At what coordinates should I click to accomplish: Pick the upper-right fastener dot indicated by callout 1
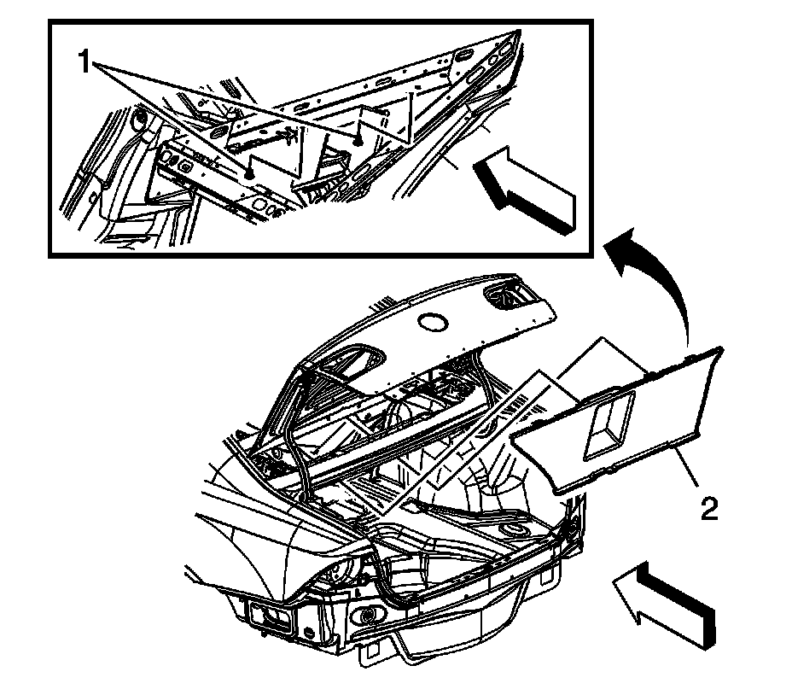point(359,137)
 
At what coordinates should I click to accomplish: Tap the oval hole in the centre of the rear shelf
point(435,322)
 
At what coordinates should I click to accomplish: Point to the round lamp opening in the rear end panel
point(369,615)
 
